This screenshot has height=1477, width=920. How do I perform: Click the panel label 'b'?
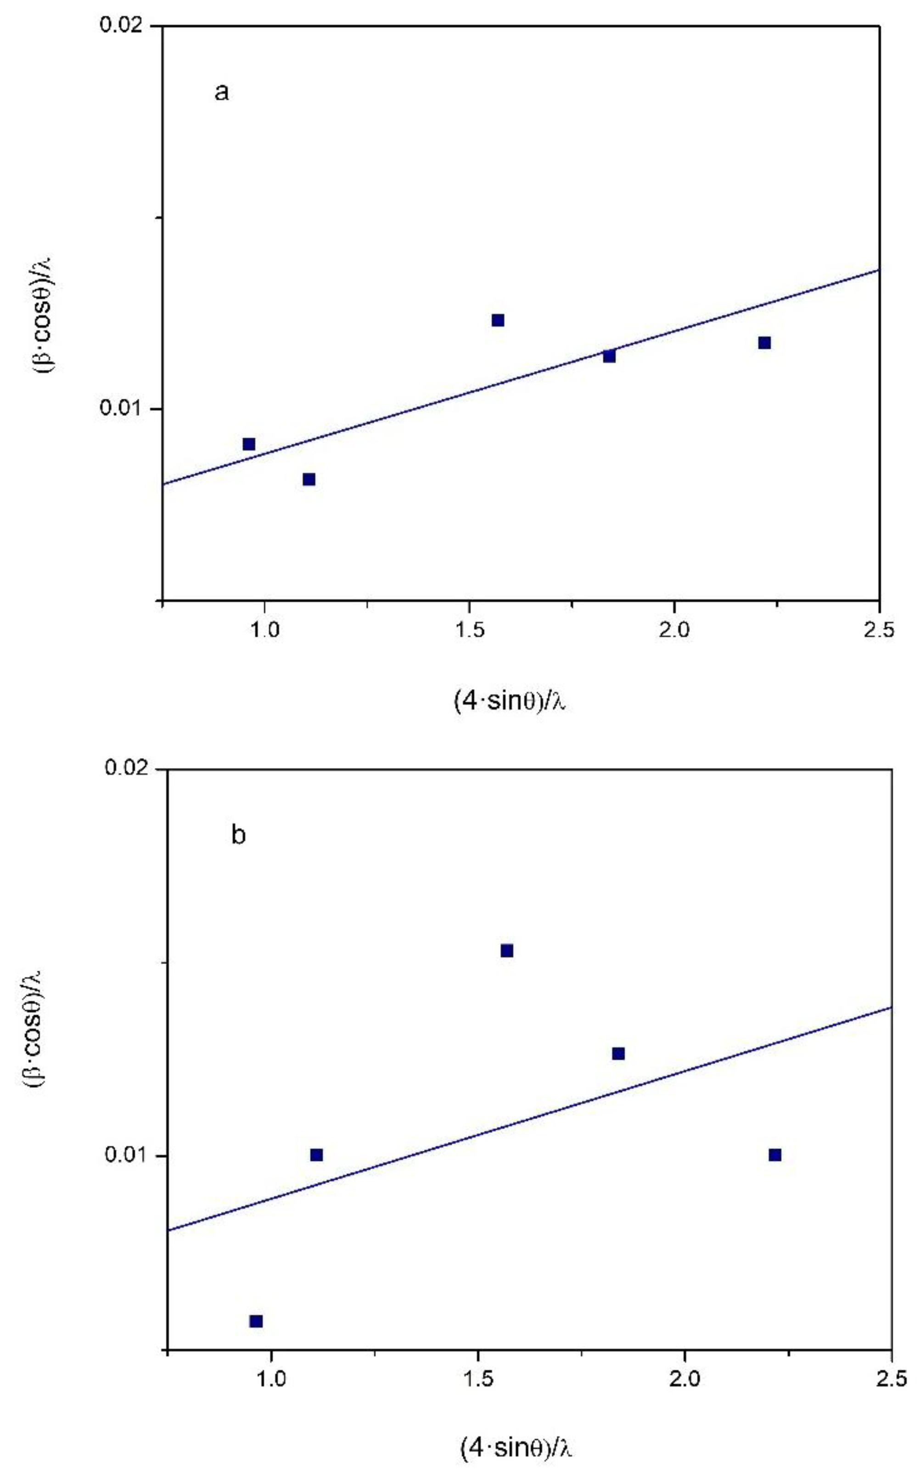239,836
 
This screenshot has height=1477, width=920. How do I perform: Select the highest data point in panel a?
498,320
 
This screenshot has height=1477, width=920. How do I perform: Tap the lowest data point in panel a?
309,479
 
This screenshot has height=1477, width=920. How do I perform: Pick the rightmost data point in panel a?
764,343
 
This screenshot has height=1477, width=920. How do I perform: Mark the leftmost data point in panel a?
249,444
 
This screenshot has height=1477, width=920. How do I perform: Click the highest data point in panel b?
507,950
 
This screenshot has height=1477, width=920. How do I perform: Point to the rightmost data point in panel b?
774,1155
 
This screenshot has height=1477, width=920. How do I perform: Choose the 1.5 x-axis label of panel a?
469,630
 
